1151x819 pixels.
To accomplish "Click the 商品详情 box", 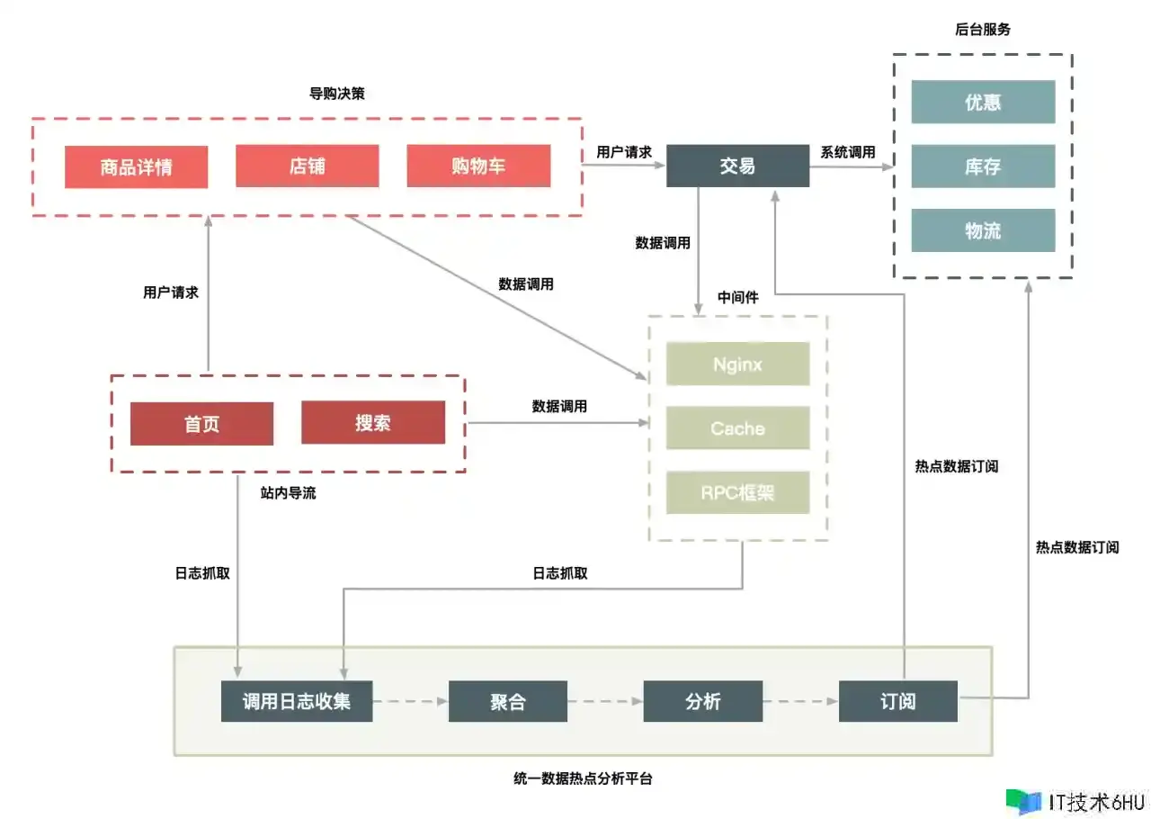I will coord(136,167).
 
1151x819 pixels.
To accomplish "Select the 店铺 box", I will coord(308,166).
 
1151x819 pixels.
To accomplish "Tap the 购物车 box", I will coord(478,166).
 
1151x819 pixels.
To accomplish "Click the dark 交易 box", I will coord(737,166).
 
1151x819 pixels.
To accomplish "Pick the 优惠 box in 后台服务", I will coord(983,103).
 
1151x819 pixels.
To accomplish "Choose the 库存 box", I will coord(983,166).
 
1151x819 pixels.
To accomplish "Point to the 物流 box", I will coord(983,230).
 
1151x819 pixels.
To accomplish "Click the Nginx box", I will coord(737,364).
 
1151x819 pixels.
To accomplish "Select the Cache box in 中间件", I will coord(737,428).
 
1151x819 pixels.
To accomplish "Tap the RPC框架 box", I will coord(737,492).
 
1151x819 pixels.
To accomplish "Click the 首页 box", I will coord(201,424).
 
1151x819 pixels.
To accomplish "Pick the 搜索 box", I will coord(373,423).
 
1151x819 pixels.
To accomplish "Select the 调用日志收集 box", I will coord(297,701).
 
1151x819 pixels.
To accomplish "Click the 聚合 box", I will coord(508,701).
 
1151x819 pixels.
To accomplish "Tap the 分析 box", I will coord(703,701).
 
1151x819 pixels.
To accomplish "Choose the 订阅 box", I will coord(898,701).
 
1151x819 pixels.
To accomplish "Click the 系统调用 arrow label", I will coord(848,153).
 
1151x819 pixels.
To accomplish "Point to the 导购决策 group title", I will coord(337,93).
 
